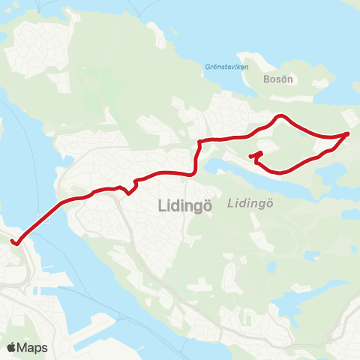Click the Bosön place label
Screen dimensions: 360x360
click(277, 77)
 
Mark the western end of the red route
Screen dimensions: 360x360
click(13, 241)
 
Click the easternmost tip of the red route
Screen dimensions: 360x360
click(348, 133)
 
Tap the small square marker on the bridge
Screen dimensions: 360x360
click(47, 219)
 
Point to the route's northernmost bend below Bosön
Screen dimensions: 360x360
click(280, 116)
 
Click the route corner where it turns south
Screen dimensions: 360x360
click(199, 142)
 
